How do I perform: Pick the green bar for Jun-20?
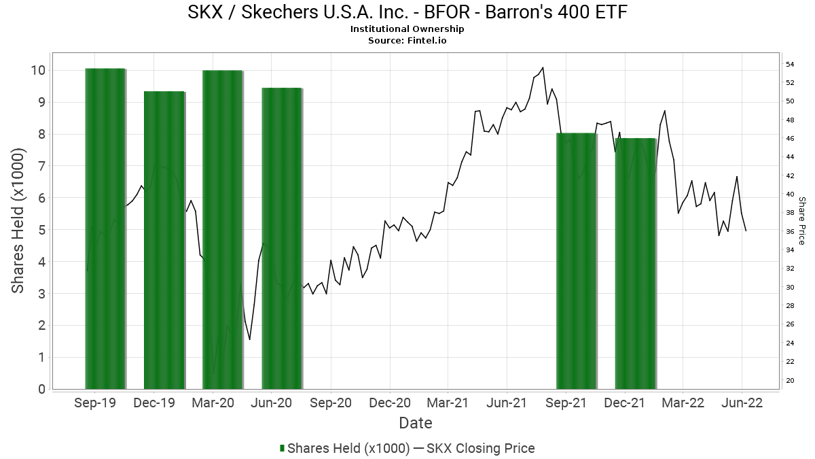pos(282,238)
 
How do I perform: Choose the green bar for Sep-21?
pos(577,261)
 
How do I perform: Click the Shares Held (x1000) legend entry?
pos(344,448)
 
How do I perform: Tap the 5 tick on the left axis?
pos(41,230)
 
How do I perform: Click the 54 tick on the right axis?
pos(791,64)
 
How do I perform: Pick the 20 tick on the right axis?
pos(791,380)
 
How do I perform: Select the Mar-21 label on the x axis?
pos(448,403)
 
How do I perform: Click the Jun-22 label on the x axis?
pos(742,403)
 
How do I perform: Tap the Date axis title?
pos(416,423)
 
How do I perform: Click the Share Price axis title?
pos(801,221)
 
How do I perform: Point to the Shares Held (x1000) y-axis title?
pos(18,221)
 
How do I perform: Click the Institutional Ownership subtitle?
pos(407,29)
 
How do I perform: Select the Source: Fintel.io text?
pos(407,40)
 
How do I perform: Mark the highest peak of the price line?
pos(543,67)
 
